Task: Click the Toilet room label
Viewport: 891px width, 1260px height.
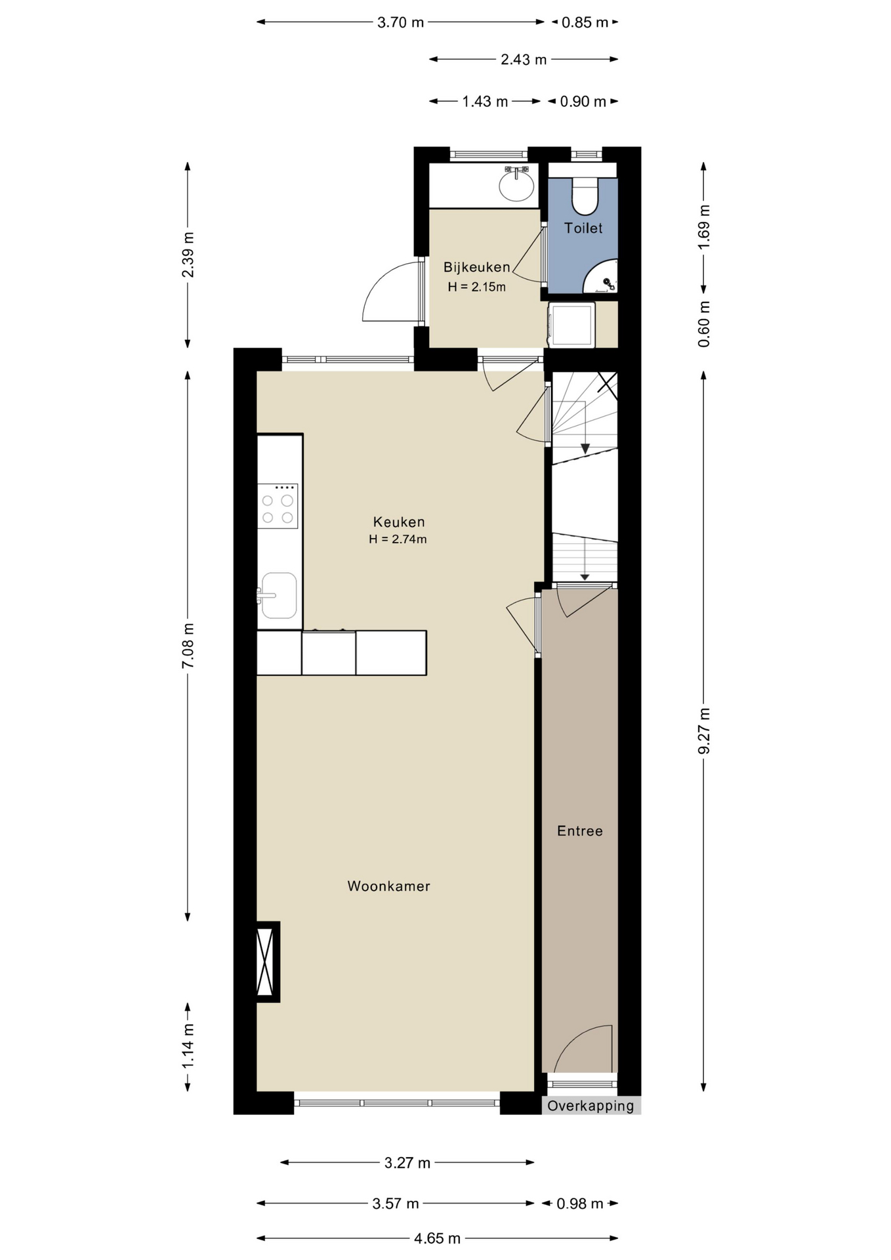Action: tap(583, 228)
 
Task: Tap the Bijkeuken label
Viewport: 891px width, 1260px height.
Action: tap(477, 267)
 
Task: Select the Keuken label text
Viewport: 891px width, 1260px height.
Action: tap(399, 522)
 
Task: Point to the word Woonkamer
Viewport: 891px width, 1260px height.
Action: tap(388, 886)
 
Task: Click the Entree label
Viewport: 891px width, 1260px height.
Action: tap(579, 831)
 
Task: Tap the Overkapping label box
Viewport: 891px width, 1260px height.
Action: tap(591, 1106)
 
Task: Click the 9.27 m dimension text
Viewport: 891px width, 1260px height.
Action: tap(704, 730)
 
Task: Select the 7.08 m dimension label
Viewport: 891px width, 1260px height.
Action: tap(188, 645)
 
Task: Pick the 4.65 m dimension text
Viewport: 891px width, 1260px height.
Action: tap(437, 1238)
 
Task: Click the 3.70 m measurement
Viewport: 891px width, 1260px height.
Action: tap(400, 22)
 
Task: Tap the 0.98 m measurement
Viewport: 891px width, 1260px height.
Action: tap(579, 1204)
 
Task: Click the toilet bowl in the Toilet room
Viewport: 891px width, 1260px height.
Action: tap(585, 195)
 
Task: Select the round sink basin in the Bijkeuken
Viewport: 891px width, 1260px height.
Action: tap(516, 186)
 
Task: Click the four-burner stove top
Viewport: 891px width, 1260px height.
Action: tap(278, 506)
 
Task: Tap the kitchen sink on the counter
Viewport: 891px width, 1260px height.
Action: tap(278, 595)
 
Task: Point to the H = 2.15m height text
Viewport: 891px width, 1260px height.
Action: tap(477, 287)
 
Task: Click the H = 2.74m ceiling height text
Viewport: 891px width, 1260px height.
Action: tap(398, 539)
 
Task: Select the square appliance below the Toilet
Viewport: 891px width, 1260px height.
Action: tap(571, 324)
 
